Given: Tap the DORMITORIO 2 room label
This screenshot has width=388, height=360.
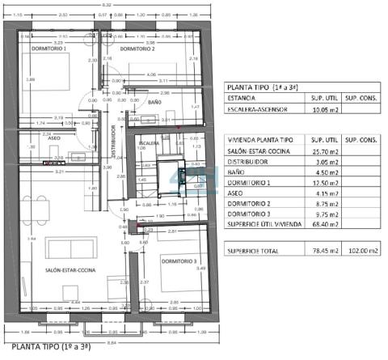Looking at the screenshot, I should [x=138, y=49].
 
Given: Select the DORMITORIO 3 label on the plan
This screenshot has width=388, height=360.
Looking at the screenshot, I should [x=179, y=260].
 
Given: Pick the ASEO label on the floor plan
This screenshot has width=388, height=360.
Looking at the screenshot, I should [x=54, y=138].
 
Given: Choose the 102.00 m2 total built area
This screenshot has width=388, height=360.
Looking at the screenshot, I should [x=362, y=251].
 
